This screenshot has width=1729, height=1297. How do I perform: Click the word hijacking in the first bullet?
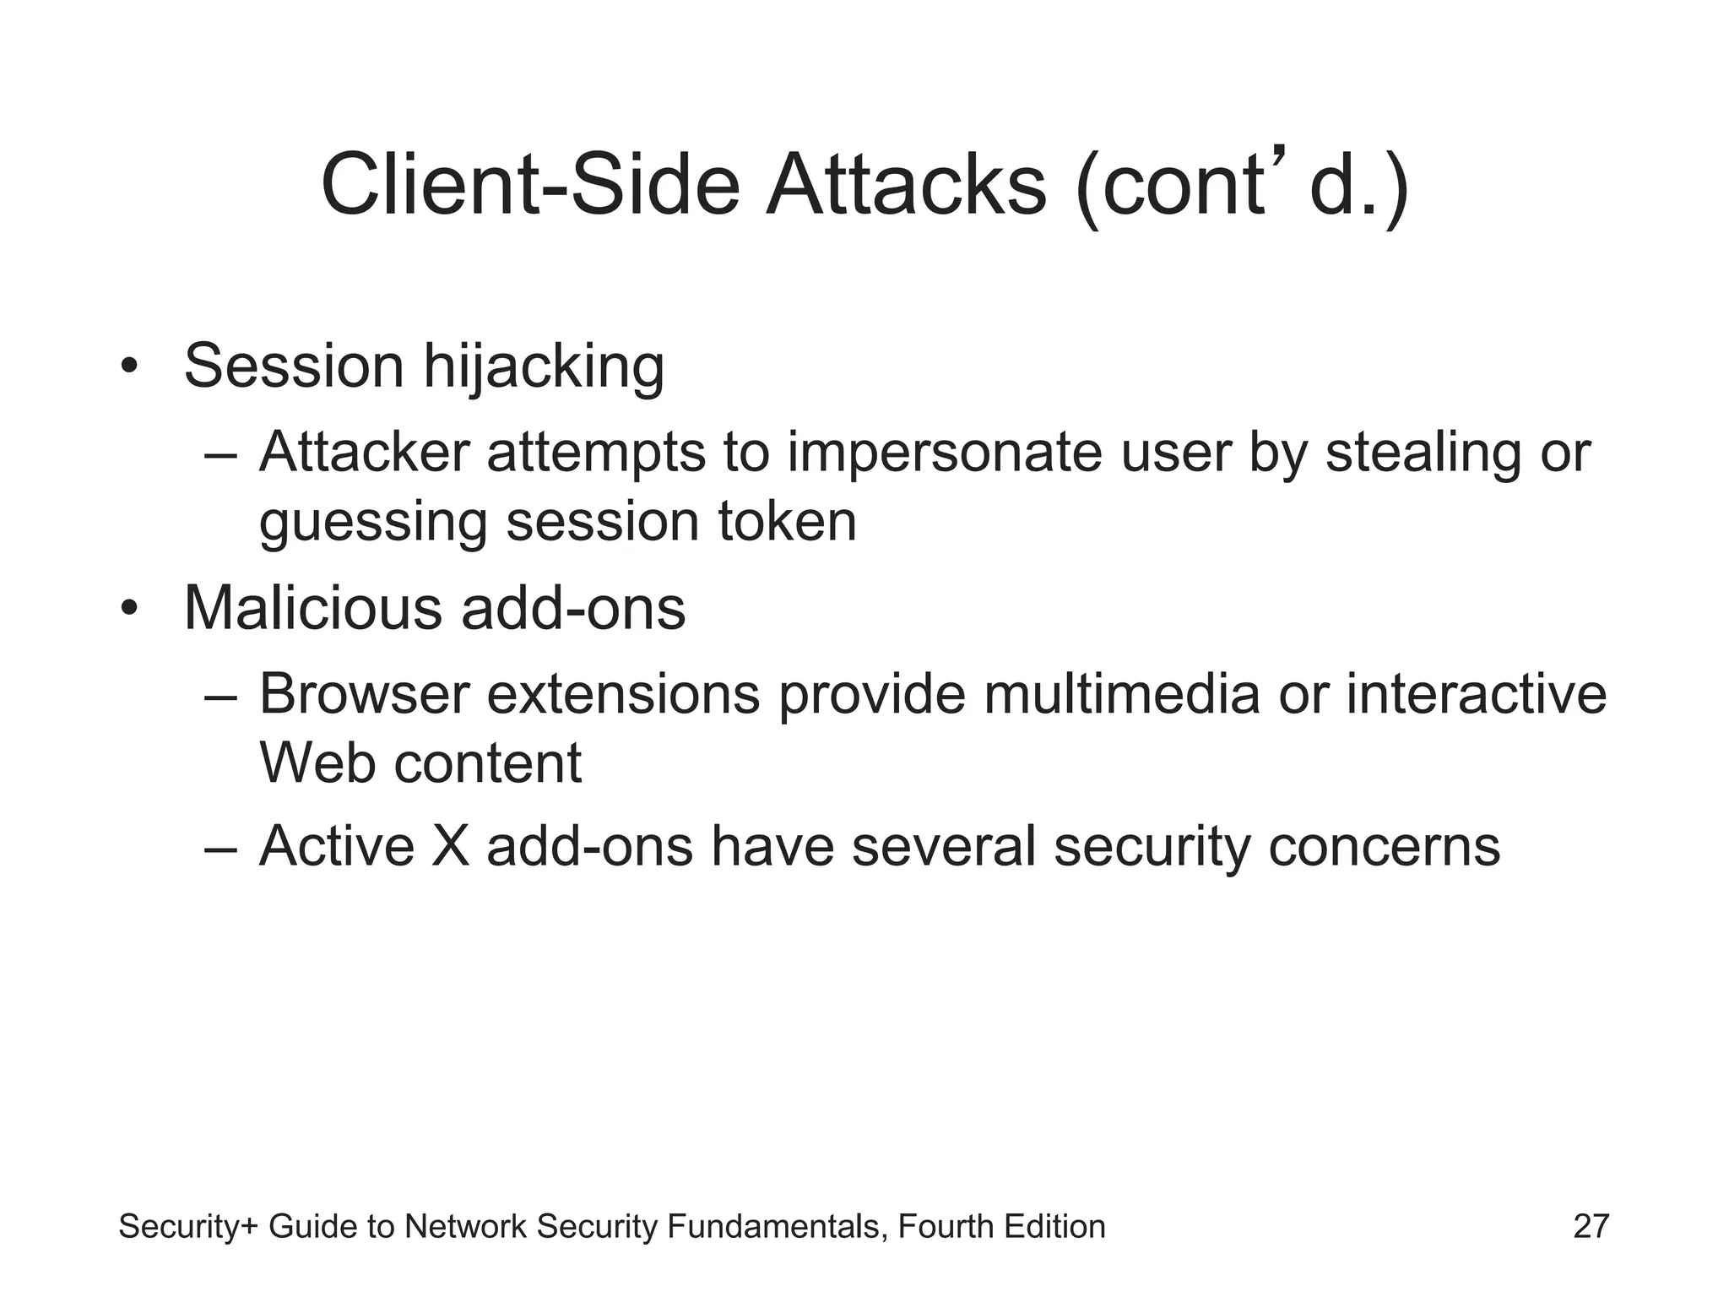(543, 367)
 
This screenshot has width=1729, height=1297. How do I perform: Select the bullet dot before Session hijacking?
(127, 368)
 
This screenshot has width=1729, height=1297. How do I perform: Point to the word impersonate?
(945, 453)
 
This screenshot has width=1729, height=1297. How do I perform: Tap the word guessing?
(372, 523)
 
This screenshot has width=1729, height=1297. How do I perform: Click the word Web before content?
(317, 763)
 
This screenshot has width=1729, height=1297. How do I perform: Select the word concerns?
(1384, 846)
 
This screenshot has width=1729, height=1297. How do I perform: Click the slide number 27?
(1591, 1227)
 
